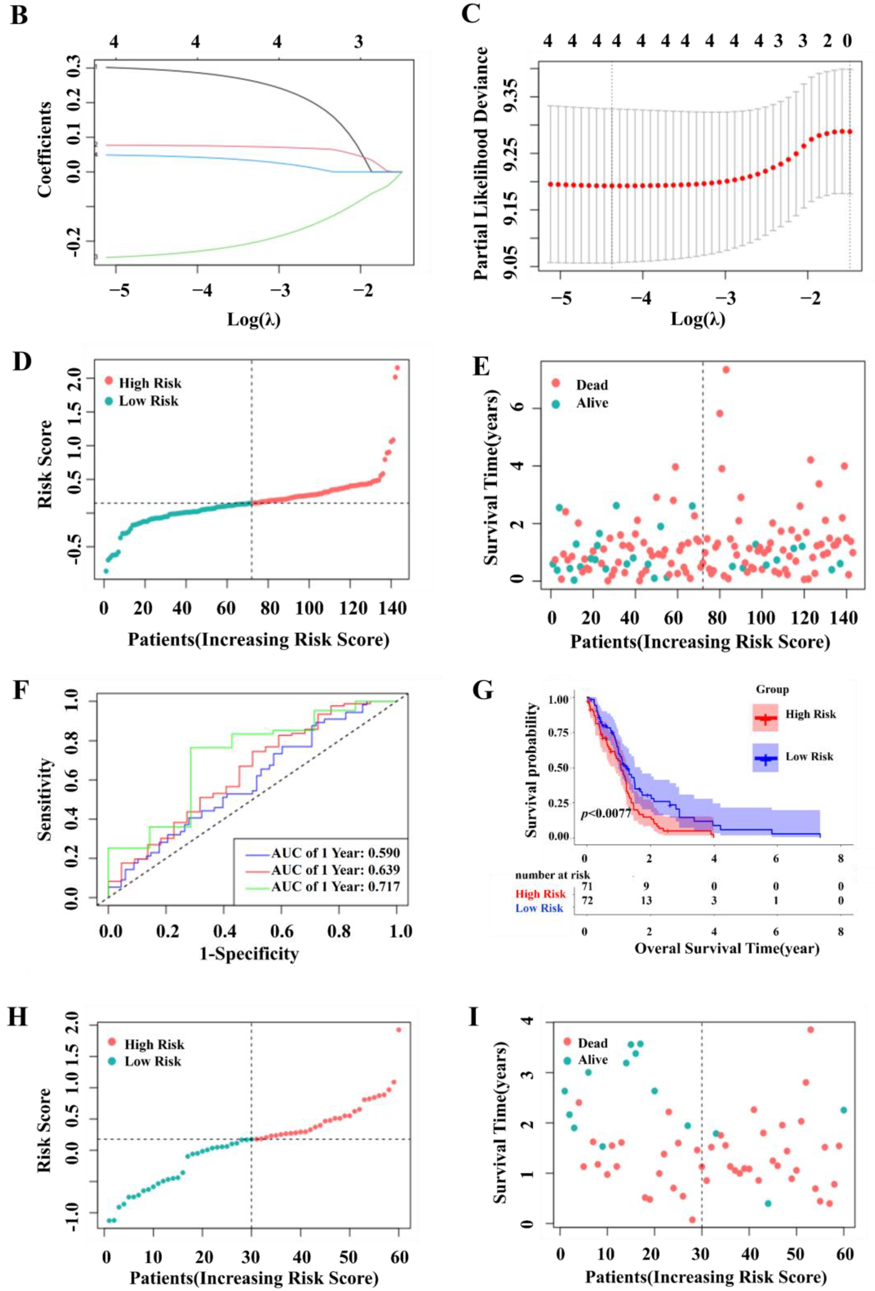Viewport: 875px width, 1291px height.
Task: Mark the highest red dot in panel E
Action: [x=726, y=369]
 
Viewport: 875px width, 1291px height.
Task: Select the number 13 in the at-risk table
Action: [x=646, y=900]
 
